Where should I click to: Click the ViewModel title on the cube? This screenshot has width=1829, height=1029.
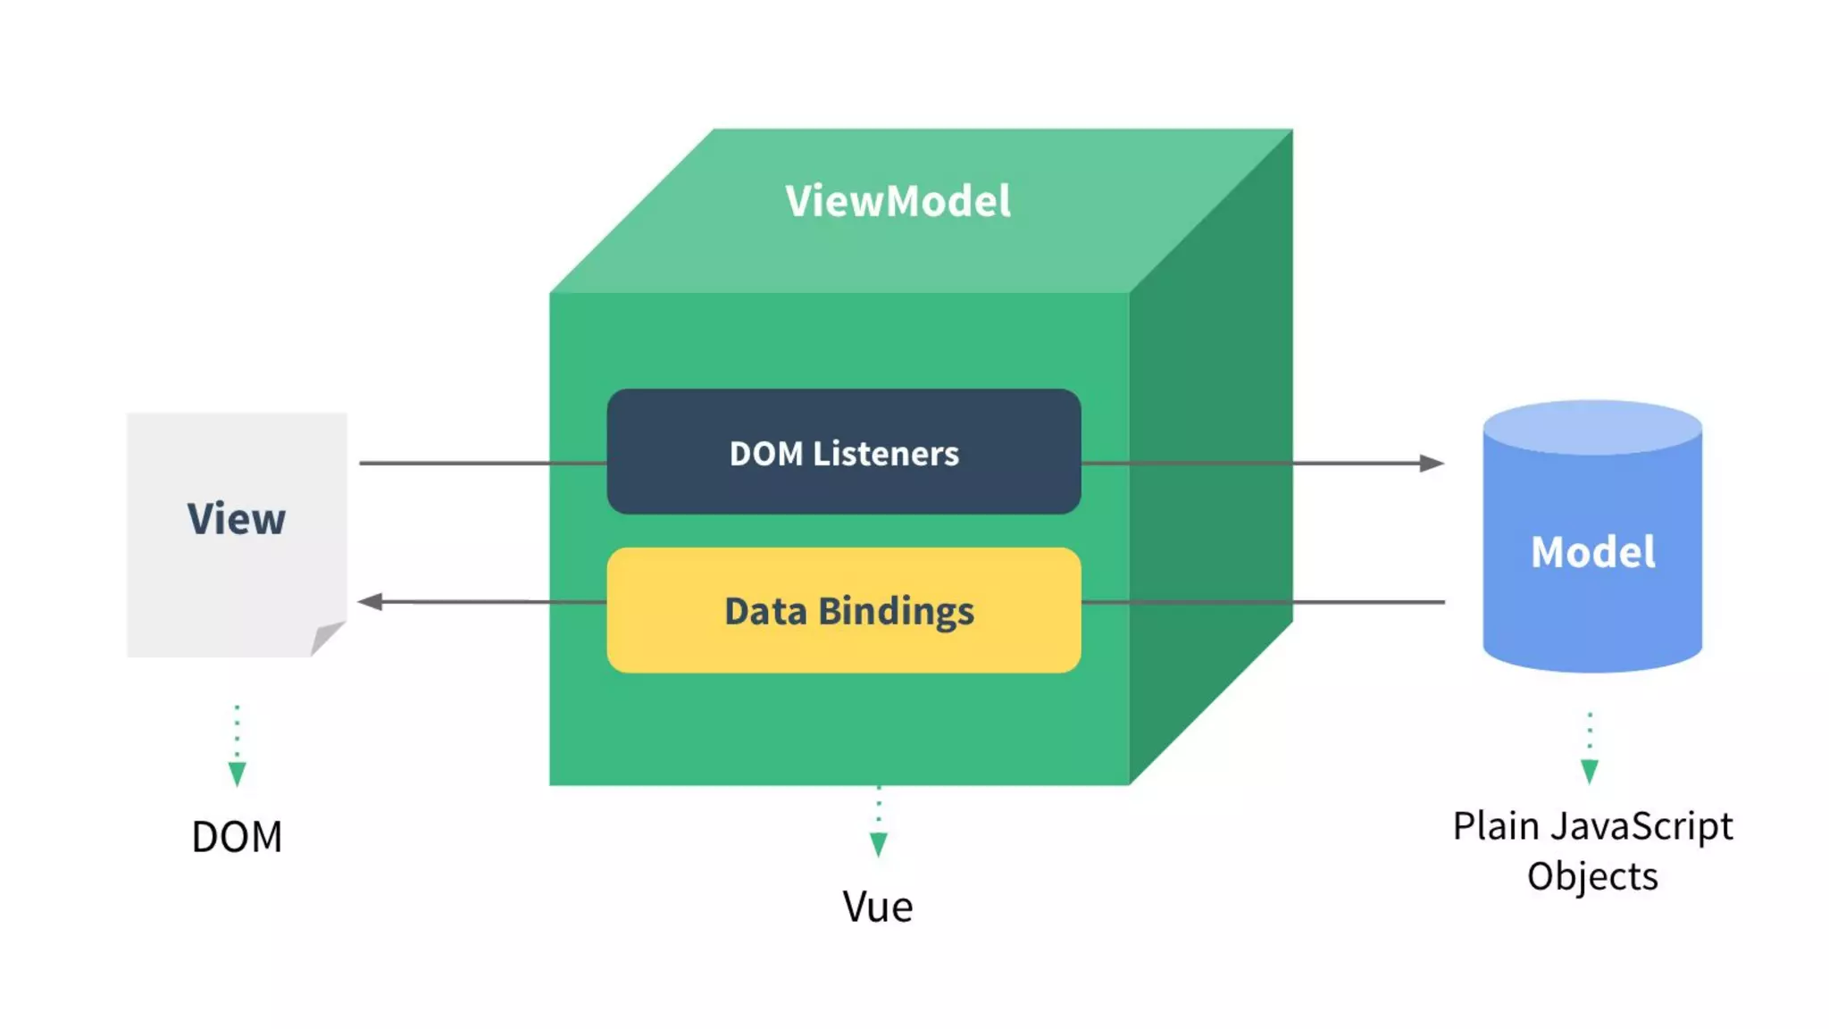898,201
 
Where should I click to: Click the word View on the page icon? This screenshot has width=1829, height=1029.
237,519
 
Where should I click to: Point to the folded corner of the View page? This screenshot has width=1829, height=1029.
326,637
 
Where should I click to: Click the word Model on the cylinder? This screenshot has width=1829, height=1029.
1592,552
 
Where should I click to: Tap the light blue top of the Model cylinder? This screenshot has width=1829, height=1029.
1592,426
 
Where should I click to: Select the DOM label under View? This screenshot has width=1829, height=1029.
237,837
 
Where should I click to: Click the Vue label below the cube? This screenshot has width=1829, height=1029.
878,907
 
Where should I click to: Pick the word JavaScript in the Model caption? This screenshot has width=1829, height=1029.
1641,827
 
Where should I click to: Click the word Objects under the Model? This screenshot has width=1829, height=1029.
1592,876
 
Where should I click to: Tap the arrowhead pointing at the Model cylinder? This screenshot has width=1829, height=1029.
1431,463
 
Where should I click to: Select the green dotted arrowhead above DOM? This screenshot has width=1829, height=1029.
237,774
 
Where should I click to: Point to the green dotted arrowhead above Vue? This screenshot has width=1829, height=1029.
879,844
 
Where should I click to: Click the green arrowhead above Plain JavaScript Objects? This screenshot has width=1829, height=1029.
1590,771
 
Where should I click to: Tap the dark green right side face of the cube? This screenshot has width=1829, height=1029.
1210,464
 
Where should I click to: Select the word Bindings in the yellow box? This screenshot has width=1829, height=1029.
896,612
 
